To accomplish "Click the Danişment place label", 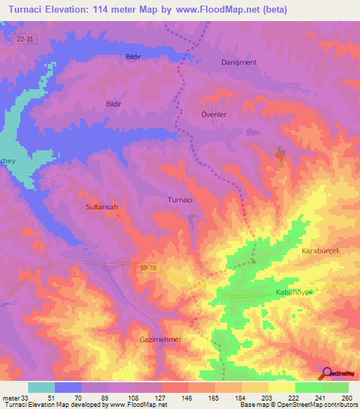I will (x=240, y=62).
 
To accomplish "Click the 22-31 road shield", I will (x=24, y=40).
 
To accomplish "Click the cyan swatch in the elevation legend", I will (x=41, y=387).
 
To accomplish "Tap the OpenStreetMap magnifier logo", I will (x=327, y=372).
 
